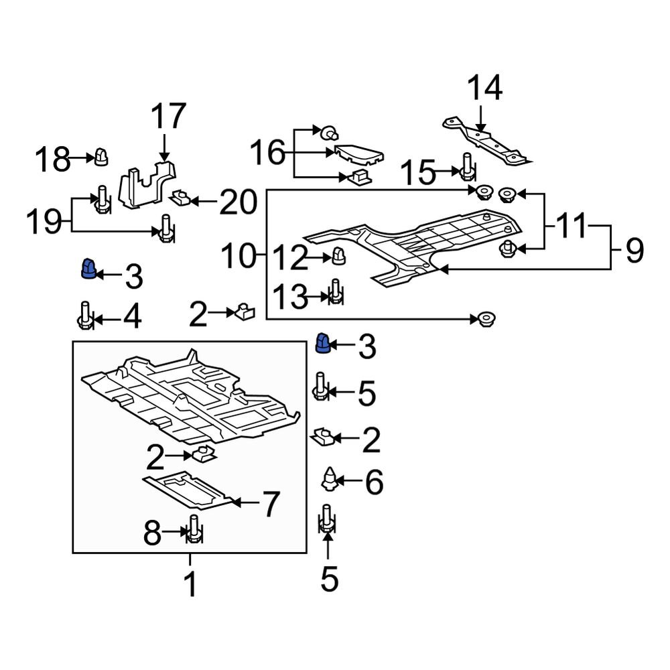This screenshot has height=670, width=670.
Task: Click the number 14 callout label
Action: [x=484, y=88]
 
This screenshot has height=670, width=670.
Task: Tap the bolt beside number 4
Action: [x=84, y=316]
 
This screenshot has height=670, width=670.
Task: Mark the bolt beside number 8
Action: [x=194, y=531]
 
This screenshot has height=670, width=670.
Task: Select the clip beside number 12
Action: [x=339, y=256]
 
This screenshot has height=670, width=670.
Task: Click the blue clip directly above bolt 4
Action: [x=88, y=269]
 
